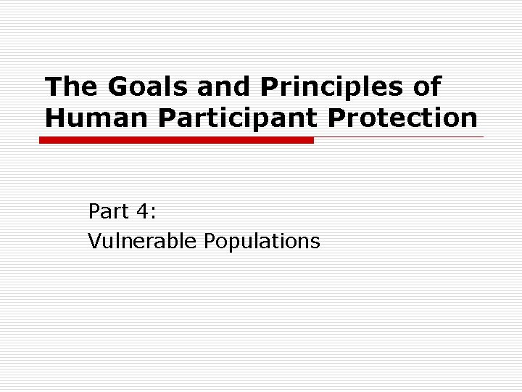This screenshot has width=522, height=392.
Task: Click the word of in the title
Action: pyautogui.click(x=427, y=87)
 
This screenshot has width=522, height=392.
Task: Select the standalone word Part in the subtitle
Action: pyautogui.click(x=107, y=211)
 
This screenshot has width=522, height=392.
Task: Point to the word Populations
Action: pyautogui.click(x=262, y=241)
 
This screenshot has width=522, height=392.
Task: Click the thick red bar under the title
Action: pyautogui.click(x=176, y=140)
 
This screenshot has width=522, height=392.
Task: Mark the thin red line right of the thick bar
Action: pyautogui.click(x=399, y=136)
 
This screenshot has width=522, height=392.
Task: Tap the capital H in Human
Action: pyautogui.click(x=54, y=118)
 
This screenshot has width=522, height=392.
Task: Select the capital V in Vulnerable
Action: pyautogui.click(x=94, y=240)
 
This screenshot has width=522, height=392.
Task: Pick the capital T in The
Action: pyautogui.click(x=51, y=87)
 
